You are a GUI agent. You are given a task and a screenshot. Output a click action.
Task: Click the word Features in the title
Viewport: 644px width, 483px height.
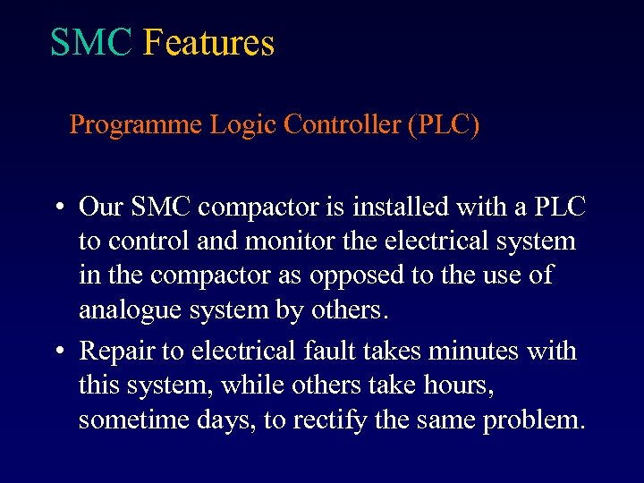(208, 43)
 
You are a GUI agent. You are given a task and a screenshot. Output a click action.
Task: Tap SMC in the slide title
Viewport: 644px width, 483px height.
(91, 43)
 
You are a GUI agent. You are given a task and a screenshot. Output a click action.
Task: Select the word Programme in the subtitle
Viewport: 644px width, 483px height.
(136, 125)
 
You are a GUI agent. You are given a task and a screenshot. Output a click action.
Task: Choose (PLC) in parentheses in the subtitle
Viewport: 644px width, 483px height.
(443, 124)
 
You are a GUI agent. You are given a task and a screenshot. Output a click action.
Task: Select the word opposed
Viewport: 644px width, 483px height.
(351, 276)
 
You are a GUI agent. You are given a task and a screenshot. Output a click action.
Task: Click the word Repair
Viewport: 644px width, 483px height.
(115, 352)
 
